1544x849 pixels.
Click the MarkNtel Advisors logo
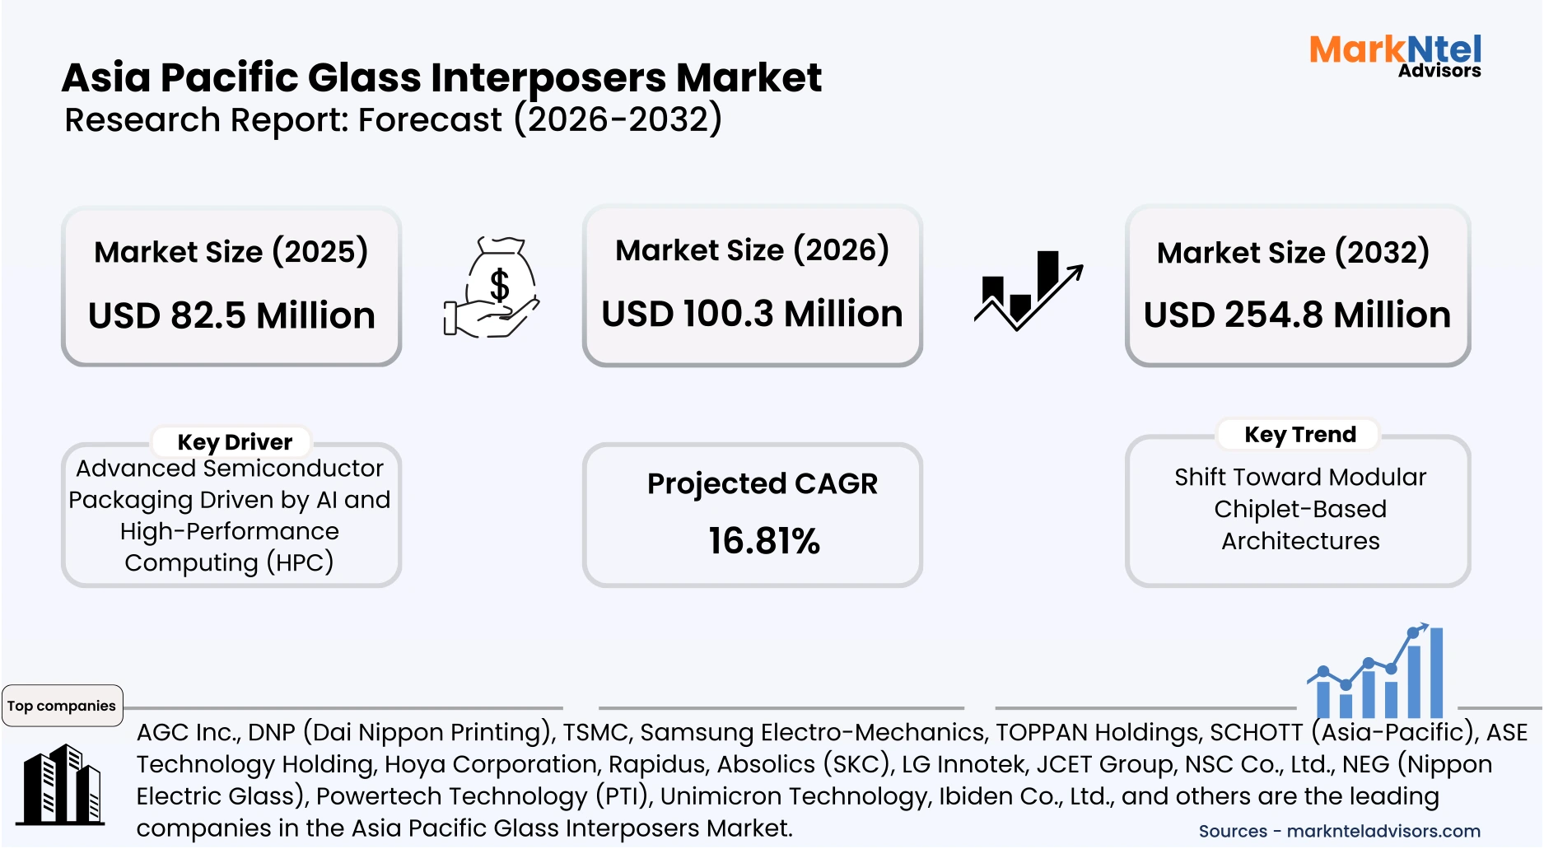coord(1395,56)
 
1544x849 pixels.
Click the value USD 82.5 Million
coord(231,315)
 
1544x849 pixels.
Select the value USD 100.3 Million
coord(752,314)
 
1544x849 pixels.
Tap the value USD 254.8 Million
coord(1297,315)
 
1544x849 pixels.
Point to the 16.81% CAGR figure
coord(763,541)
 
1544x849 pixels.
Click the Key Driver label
coord(235,442)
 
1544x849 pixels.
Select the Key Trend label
coord(1299,434)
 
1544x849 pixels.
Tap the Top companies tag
coord(62,706)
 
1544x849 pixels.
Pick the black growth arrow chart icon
coord(1028,290)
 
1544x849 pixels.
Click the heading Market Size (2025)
coord(231,251)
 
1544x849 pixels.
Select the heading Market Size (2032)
coord(1293,252)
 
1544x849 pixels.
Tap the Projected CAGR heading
coord(762,483)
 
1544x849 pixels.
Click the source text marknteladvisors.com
coord(1383,831)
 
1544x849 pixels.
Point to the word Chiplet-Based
coord(1299,509)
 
